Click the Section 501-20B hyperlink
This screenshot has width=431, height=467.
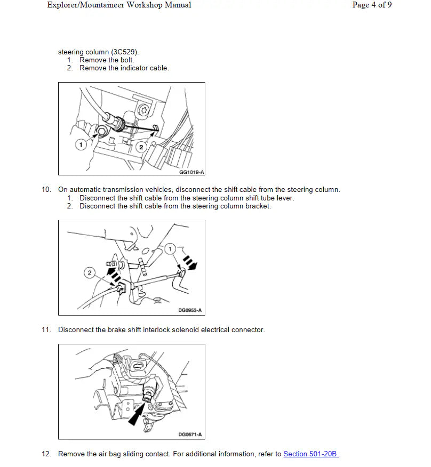click(311, 454)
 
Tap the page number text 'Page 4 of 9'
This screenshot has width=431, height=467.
click(372, 5)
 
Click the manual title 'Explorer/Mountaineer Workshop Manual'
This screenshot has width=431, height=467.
click(119, 5)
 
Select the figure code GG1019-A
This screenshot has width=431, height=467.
click(191, 172)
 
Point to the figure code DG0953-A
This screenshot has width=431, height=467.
click(190, 310)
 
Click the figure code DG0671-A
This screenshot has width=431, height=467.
click(190, 434)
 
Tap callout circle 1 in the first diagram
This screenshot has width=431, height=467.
click(81, 144)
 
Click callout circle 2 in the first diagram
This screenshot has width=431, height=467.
click(141, 147)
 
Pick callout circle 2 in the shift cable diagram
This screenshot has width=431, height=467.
click(90, 273)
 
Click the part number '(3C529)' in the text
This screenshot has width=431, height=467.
click(125, 52)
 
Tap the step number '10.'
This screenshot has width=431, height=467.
click(47, 190)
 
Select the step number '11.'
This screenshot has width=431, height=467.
click(47, 330)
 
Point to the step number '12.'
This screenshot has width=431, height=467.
click(47, 454)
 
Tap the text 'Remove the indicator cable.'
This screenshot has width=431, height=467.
click(124, 68)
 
